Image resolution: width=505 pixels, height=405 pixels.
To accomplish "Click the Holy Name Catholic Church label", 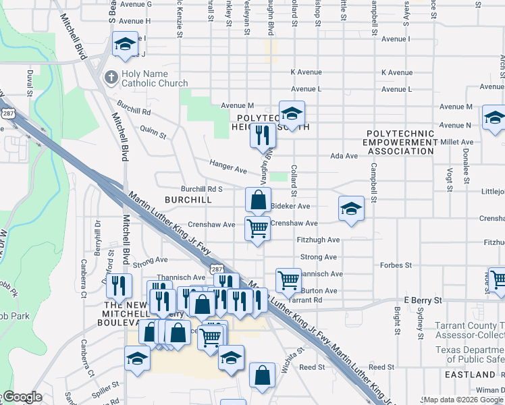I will coord(155,79).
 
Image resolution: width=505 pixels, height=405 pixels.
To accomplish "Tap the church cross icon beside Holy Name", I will coord(112,78).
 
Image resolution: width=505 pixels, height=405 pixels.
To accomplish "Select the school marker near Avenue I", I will coord(125,45).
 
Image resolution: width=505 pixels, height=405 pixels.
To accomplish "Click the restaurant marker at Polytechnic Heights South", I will coord(262,135).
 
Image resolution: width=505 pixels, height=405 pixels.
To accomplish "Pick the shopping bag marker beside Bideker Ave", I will coord(258,200).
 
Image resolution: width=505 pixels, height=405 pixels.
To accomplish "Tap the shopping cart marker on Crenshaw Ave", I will coord(257,229).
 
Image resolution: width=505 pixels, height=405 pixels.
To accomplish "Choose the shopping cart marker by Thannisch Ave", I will coord(288,280).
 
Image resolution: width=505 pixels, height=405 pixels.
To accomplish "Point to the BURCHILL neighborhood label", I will coord(188,200).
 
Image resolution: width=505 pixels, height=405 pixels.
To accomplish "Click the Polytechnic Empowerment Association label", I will coord(400,142).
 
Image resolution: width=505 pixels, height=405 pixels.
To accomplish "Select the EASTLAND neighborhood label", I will coord(471,374).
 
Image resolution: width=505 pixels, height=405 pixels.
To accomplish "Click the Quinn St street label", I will coord(153,132).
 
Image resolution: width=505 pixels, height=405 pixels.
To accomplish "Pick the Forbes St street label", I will coord(396,265).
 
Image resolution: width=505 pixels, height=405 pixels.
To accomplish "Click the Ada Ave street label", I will coord(344,156).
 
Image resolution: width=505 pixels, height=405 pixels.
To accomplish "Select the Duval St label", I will coord(30,84).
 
